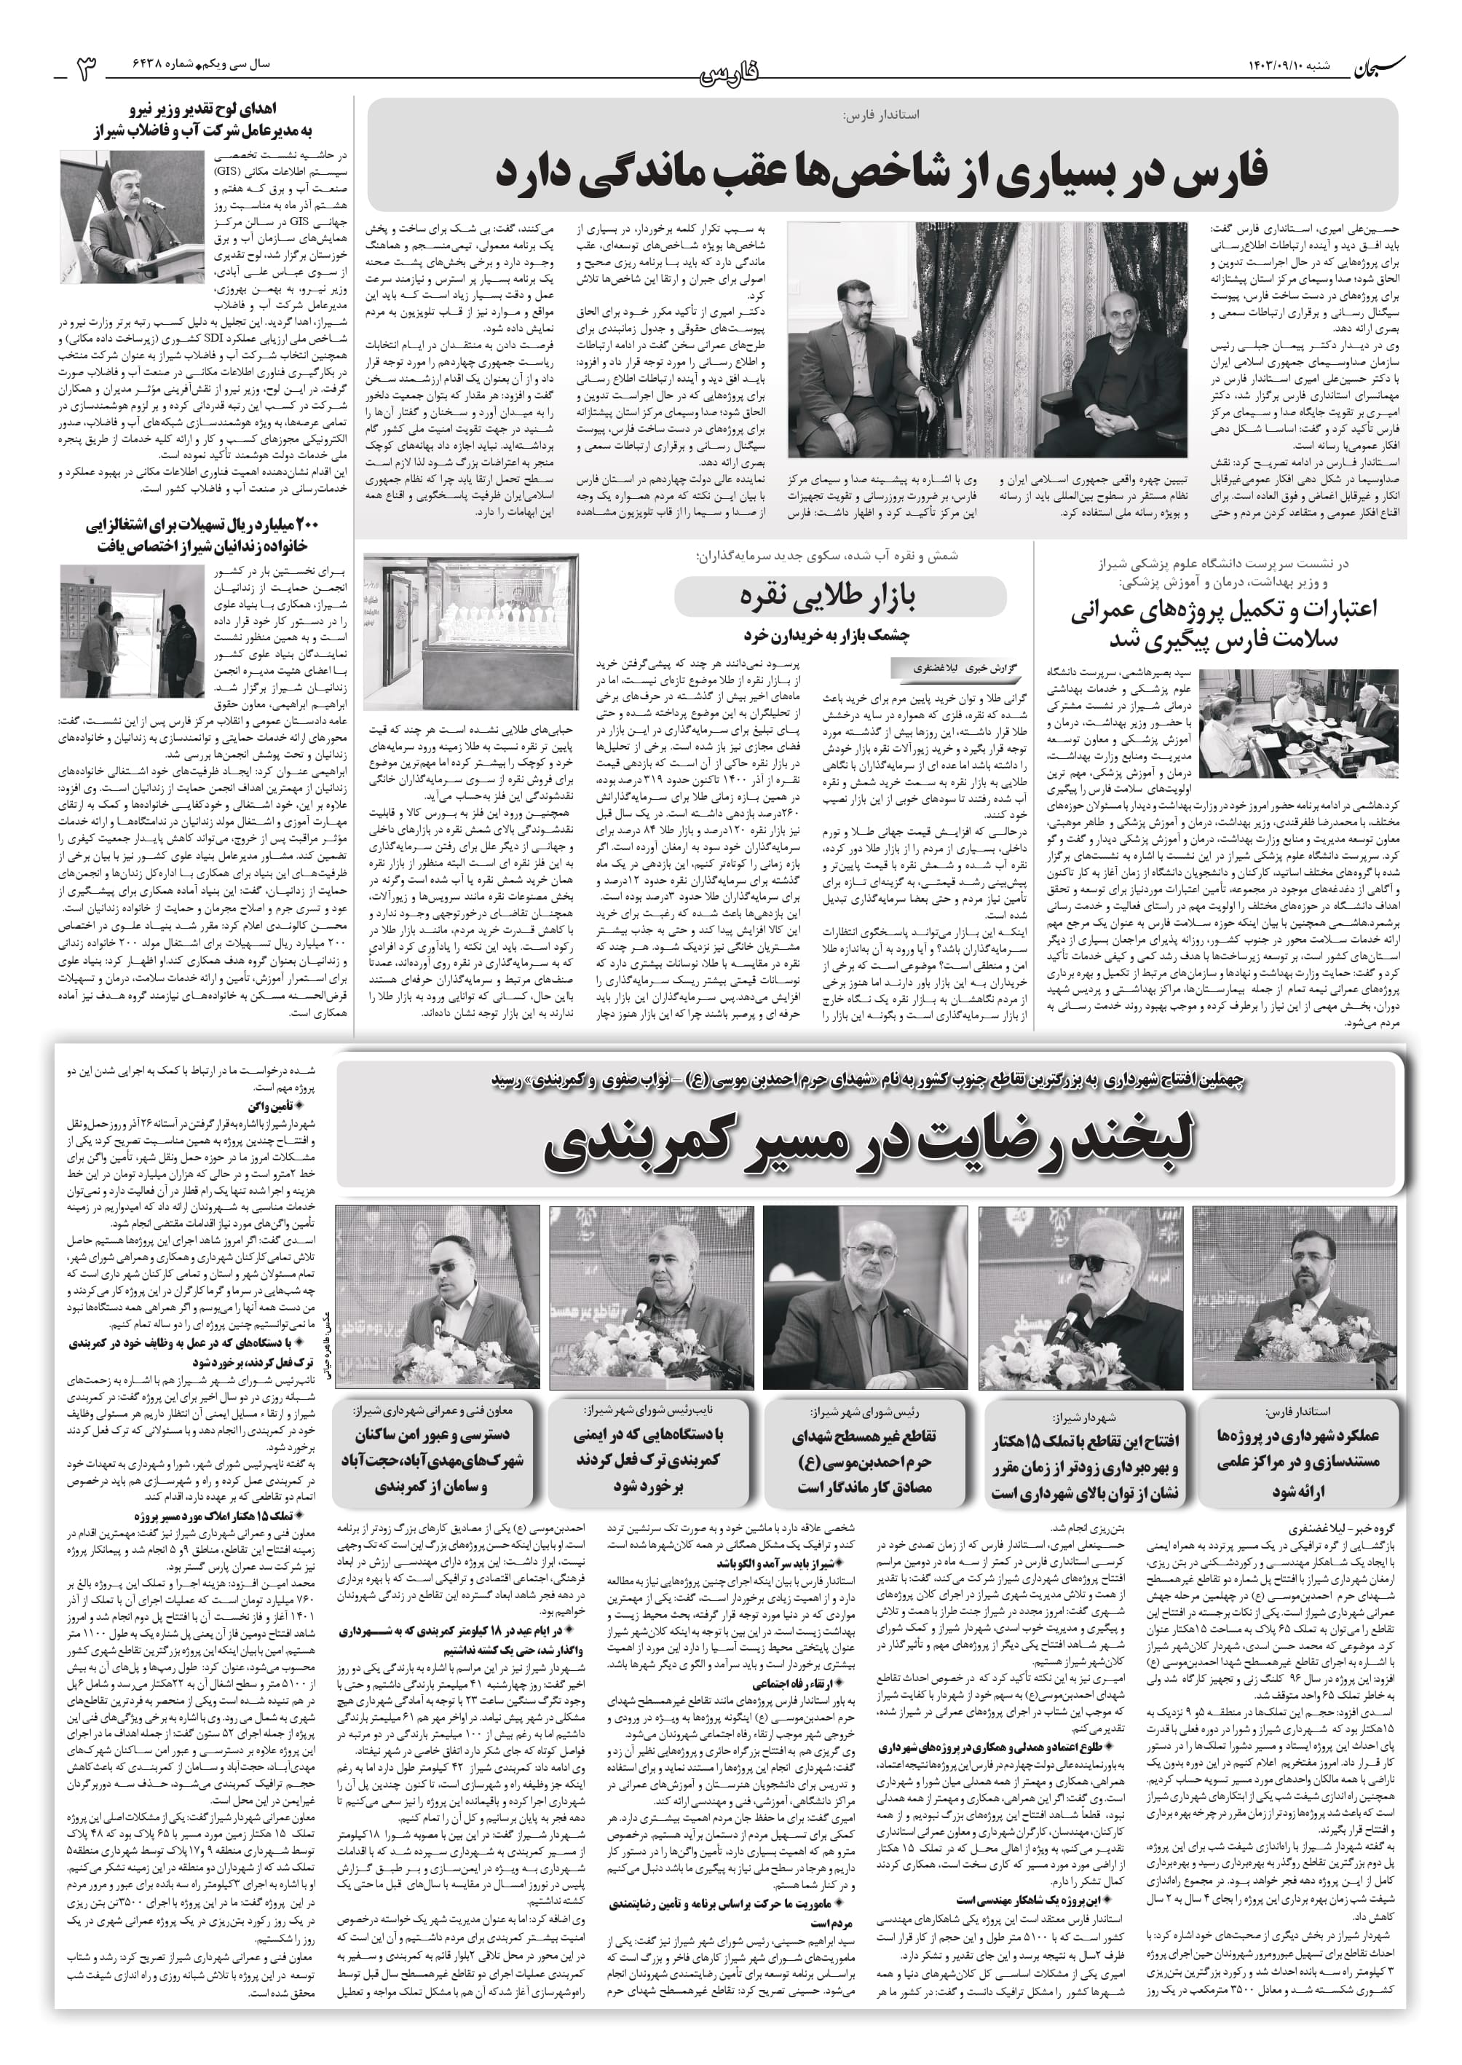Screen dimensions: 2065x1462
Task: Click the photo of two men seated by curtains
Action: tap(987, 340)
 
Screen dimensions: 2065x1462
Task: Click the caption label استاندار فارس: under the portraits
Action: tap(1296, 1410)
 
